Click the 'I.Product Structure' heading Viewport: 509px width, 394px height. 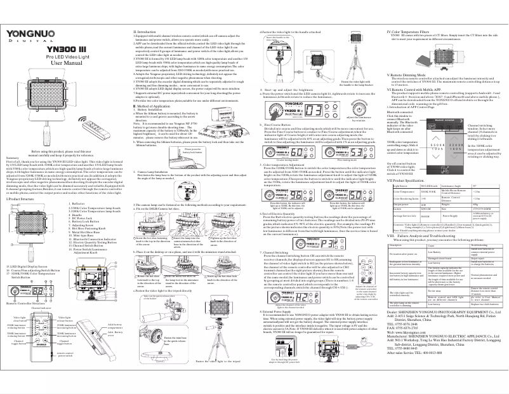(22, 199)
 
